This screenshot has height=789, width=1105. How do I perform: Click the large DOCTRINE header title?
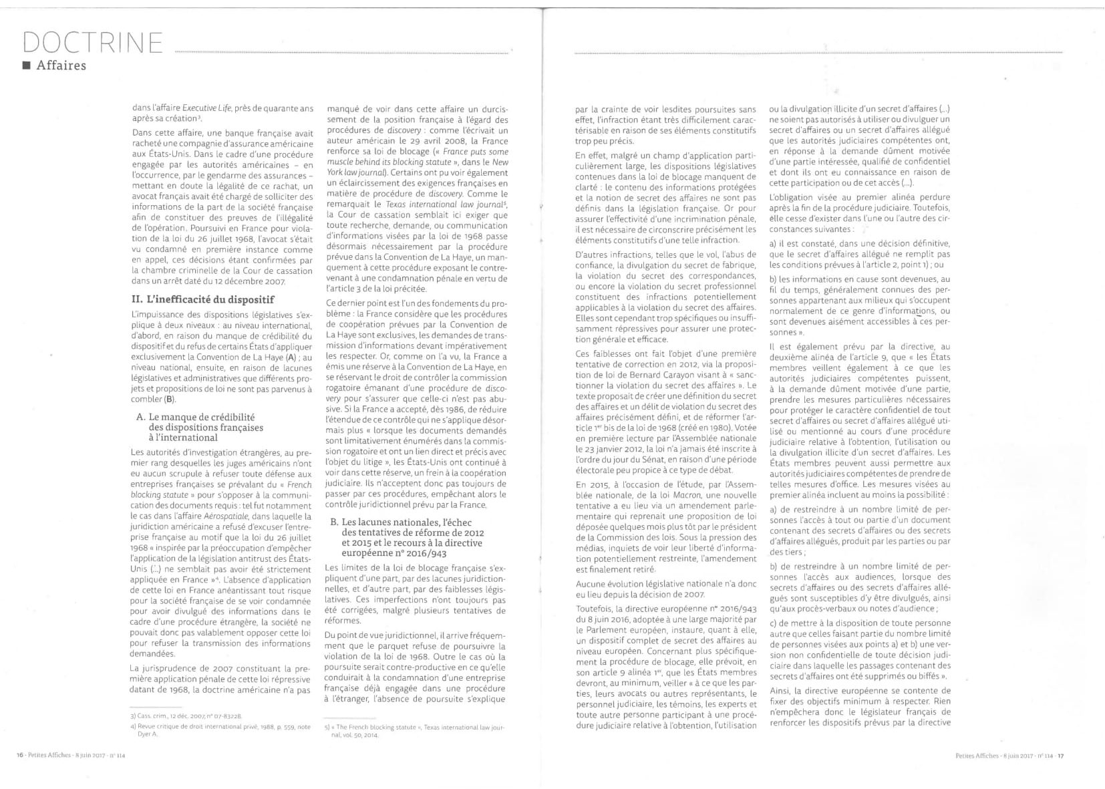coord(93,42)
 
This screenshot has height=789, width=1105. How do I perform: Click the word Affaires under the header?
coord(61,65)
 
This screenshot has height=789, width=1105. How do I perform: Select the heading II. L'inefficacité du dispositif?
coord(203,299)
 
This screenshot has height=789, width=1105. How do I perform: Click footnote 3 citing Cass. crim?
coord(186,716)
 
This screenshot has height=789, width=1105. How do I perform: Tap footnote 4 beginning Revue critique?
coord(220,726)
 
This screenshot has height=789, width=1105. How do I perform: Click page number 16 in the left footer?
coord(19,756)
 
